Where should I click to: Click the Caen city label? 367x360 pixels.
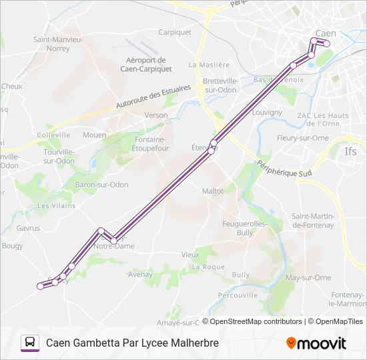[326, 33]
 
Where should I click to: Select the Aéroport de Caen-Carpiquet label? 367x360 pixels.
[146, 64]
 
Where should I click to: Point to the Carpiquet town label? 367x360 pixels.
[175, 32]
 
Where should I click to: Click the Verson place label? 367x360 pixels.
[156, 115]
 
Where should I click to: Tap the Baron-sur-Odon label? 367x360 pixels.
[101, 185]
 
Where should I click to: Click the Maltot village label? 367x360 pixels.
[212, 191]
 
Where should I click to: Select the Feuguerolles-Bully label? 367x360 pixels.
[245, 228]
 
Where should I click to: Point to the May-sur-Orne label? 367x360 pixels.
[308, 277]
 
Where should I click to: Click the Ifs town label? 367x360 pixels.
[351, 152]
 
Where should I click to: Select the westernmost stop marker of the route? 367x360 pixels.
[40, 287]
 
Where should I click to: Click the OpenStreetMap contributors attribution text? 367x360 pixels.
[255, 321]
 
